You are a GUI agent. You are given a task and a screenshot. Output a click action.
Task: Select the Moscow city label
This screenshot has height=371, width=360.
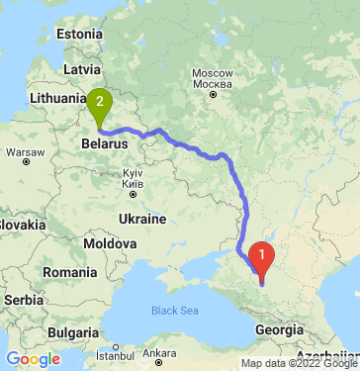click(x=211, y=74)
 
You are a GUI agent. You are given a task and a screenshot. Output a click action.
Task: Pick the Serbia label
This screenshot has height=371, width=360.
click(x=22, y=298)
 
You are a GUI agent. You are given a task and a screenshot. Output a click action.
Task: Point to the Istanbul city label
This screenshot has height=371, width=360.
click(x=102, y=353)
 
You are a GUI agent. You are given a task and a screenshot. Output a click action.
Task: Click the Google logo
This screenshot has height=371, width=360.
click(x=33, y=359)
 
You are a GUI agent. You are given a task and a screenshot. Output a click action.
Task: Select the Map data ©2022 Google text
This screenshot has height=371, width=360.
click(x=299, y=363)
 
